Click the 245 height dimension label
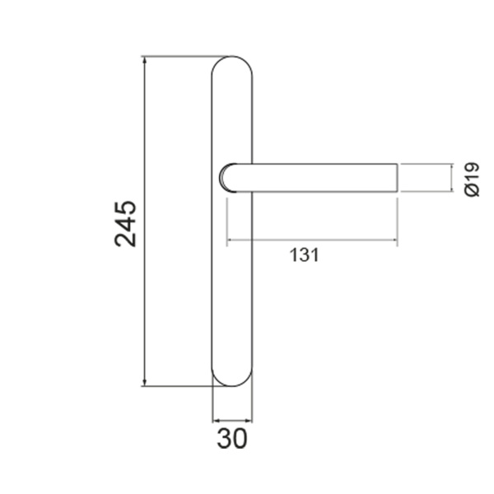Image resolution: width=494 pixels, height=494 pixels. coord(125,223)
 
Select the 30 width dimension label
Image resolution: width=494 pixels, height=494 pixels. coord(232,439)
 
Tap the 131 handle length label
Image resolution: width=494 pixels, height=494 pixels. coord(304,255)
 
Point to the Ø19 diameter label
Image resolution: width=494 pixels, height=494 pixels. coord(472,179)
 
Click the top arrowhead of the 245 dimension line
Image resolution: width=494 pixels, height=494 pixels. coord(145,60)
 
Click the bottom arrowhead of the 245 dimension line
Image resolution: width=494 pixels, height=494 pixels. coord(145,382)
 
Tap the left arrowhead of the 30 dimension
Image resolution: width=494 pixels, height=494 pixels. coord(216,420)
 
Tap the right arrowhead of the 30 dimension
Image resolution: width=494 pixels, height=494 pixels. coord(249,420)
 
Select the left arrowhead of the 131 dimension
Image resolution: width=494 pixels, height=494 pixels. coord(230,240)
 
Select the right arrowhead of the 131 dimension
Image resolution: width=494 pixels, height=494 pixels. coord(394,240)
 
